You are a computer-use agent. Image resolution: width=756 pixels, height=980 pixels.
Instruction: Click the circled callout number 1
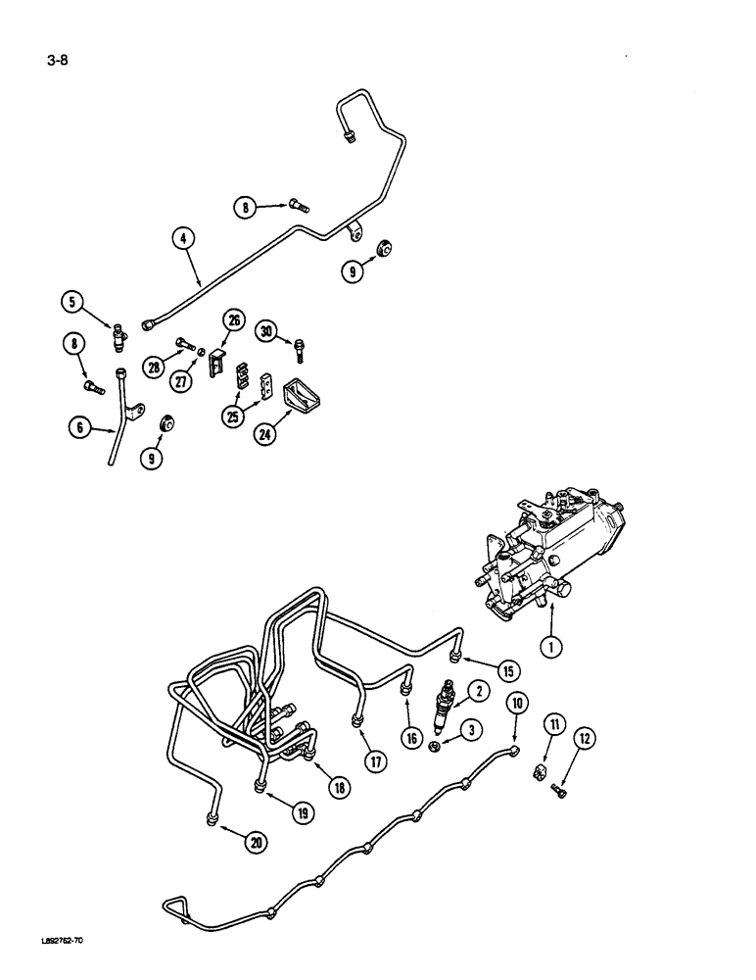554,647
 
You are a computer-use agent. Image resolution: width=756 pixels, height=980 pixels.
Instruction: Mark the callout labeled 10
516,704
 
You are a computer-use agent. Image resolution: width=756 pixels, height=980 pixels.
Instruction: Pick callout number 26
233,319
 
